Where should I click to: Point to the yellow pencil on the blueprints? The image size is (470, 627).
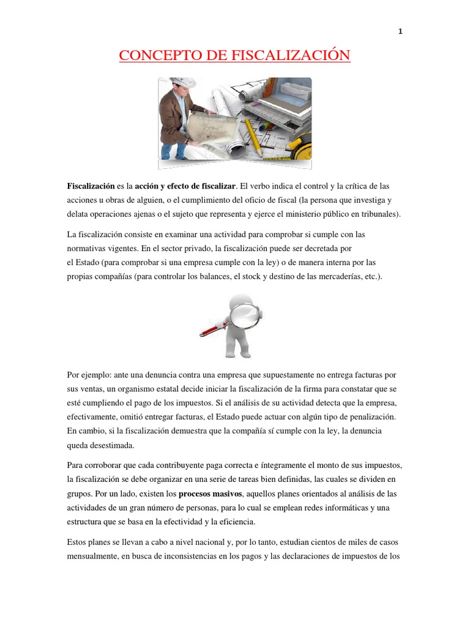pyautogui.click(x=255, y=135)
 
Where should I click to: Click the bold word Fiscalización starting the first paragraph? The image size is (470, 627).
pyautogui.click(x=91, y=186)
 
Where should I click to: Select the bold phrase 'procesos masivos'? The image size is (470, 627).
pyautogui.click(x=211, y=494)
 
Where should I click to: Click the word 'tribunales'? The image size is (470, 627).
pyautogui.click(x=378, y=214)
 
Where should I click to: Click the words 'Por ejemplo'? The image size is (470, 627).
pyautogui.click(x=86, y=374)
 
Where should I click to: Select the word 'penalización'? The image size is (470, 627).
pyautogui.click(x=368, y=416)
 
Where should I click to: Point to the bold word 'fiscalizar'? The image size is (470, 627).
pyautogui.click(x=215, y=186)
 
